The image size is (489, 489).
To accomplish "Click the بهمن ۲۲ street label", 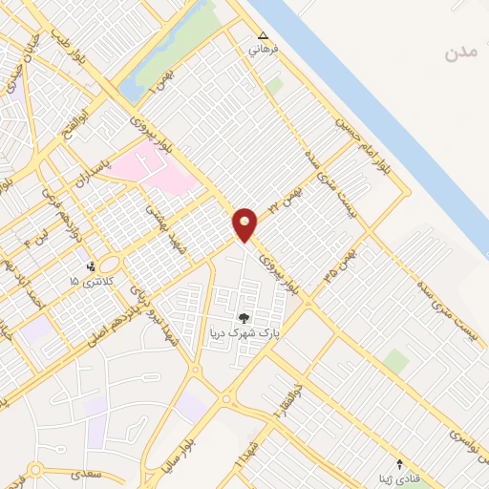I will (289, 199).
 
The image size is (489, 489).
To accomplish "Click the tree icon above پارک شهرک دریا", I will (244, 318).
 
